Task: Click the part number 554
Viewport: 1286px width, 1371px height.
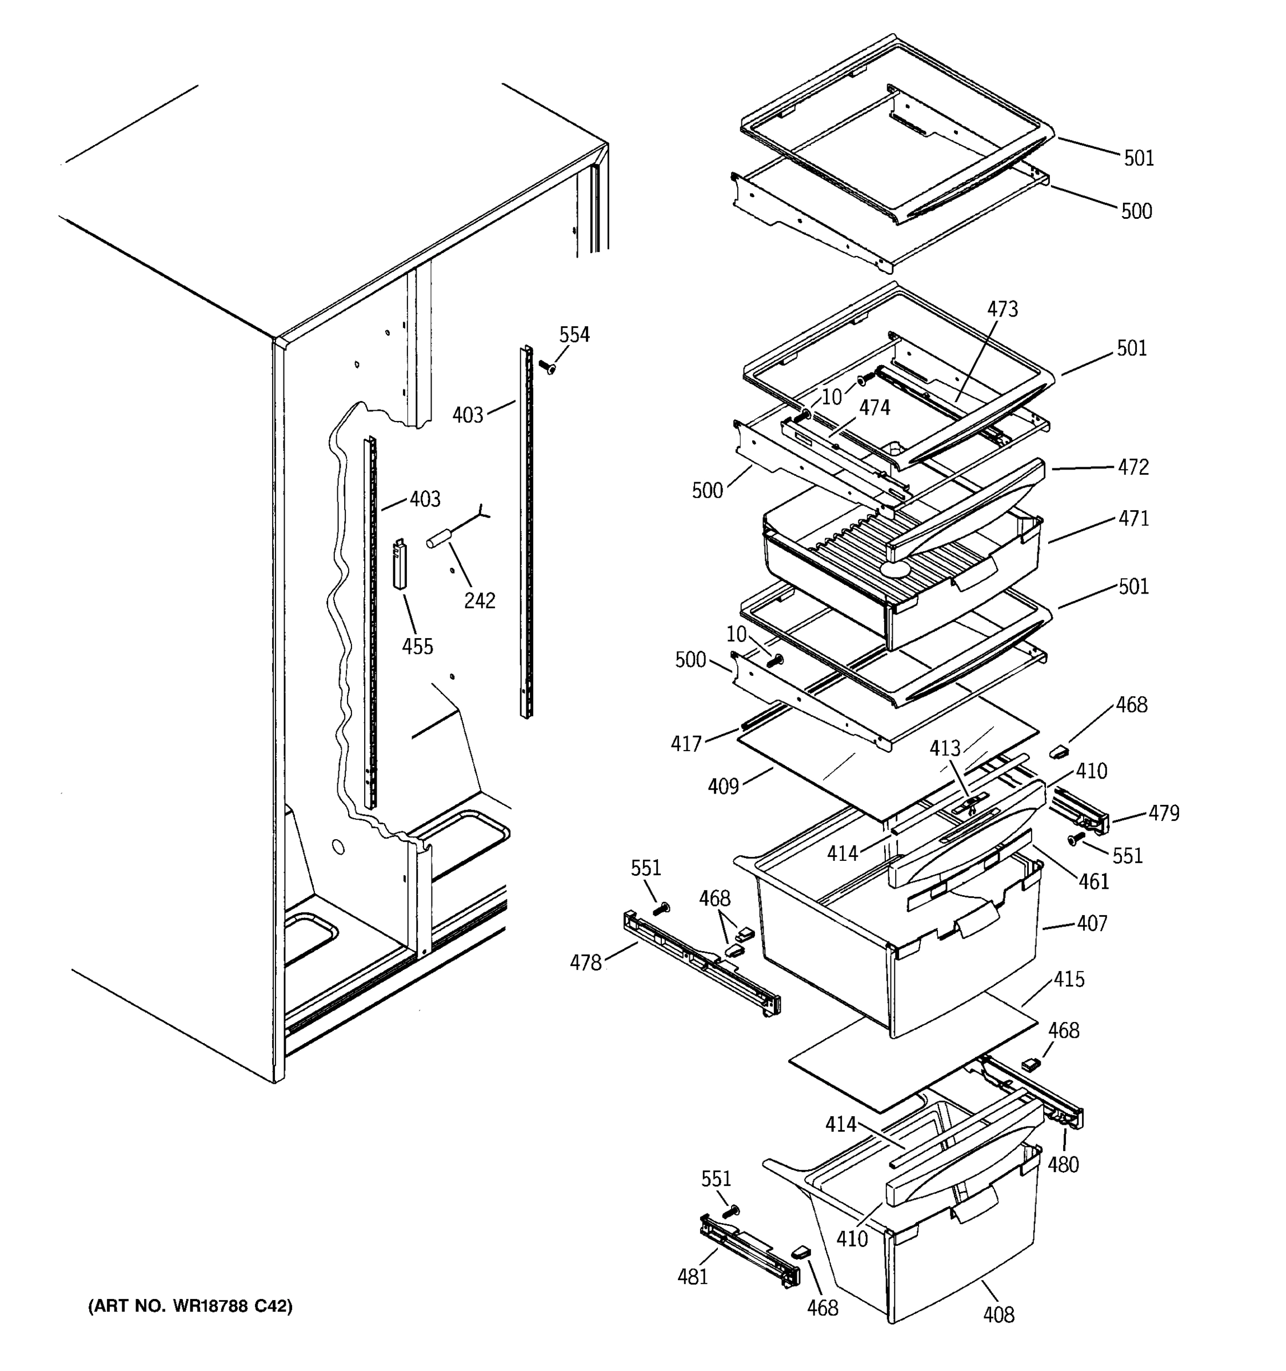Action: pyautogui.click(x=574, y=335)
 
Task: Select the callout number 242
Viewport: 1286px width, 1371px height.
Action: pyautogui.click(x=480, y=601)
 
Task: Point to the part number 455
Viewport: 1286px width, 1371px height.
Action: pyautogui.click(x=417, y=646)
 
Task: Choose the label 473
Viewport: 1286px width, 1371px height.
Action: pyautogui.click(x=1003, y=309)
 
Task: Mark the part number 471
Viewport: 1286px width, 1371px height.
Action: pyautogui.click(x=1133, y=518)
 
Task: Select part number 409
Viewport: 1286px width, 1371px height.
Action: pyautogui.click(x=723, y=786)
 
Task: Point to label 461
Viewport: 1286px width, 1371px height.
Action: pyautogui.click(x=1094, y=881)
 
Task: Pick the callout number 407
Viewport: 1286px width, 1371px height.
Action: pyautogui.click(x=1092, y=923)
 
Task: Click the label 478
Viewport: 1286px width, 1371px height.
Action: pyautogui.click(x=586, y=963)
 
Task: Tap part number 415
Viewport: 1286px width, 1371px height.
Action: pyautogui.click(x=1069, y=979)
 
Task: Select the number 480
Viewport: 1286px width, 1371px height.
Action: pyautogui.click(x=1063, y=1165)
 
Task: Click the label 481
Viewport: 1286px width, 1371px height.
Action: pyautogui.click(x=693, y=1277)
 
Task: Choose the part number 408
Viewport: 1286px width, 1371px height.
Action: pyautogui.click(x=999, y=1315)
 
